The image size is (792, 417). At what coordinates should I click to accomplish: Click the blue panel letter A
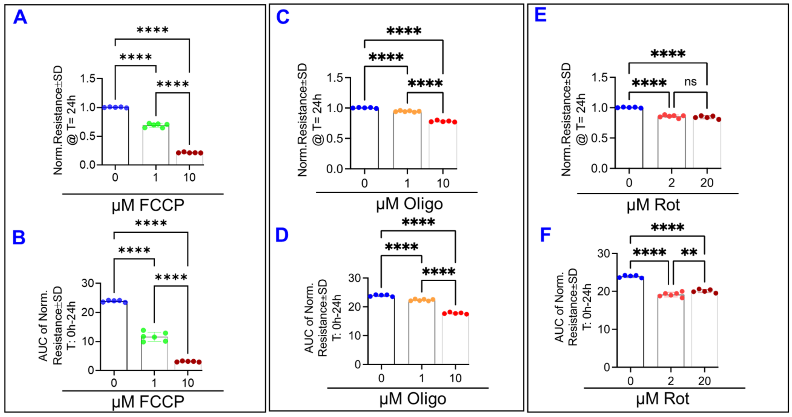[x=20, y=17]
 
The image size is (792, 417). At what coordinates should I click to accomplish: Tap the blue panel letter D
[x=282, y=235]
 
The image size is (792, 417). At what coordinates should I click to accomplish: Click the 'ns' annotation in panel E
[x=690, y=82]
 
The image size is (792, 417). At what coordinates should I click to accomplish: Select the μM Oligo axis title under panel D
[x=413, y=399]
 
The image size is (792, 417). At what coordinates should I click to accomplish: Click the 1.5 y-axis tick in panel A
[x=88, y=79]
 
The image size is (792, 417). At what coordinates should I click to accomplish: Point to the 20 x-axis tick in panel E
[x=706, y=183]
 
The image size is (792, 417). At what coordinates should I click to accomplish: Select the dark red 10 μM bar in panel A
[x=189, y=158]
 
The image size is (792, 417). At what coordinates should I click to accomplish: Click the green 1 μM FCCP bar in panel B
[x=154, y=354]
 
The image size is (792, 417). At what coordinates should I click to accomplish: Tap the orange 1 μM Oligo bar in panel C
[x=407, y=140]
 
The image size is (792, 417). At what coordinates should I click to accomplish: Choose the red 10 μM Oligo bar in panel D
[x=455, y=339]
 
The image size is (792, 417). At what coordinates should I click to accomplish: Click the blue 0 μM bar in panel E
[x=629, y=138]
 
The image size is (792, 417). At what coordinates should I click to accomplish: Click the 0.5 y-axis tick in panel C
[x=334, y=138]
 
